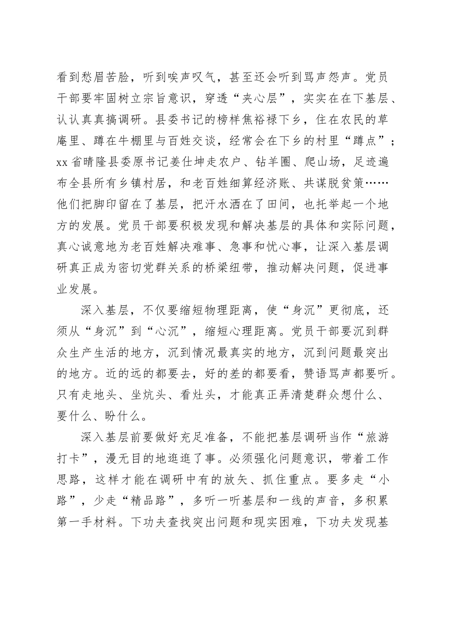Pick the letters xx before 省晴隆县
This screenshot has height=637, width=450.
[x=63, y=163]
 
